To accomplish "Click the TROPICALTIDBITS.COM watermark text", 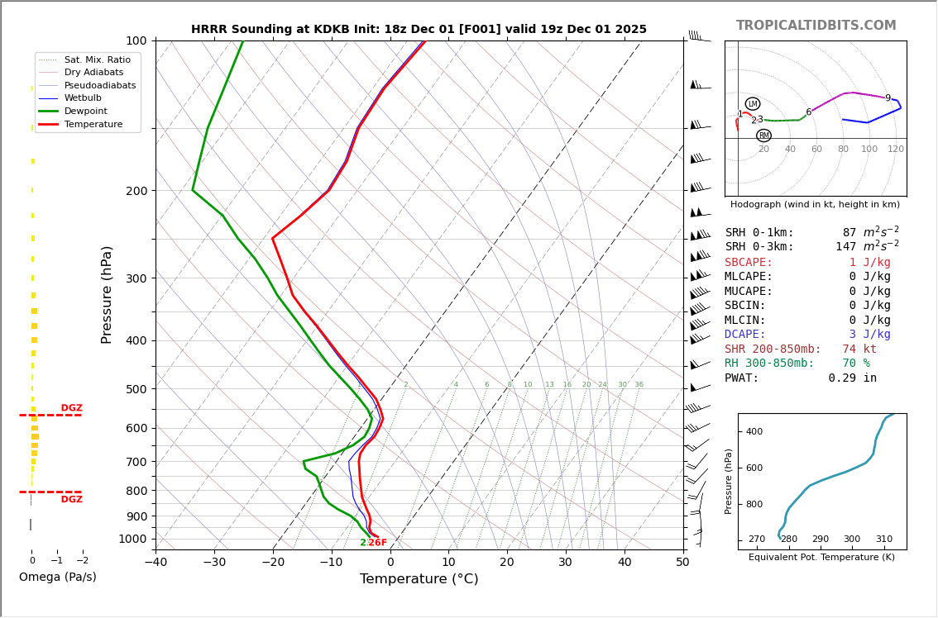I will [x=816, y=26].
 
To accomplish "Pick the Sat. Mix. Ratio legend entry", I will [x=97, y=60].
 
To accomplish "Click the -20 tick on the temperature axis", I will [x=273, y=563].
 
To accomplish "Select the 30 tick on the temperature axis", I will [x=566, y=563].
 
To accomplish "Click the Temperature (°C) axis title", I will [x=419, y=579].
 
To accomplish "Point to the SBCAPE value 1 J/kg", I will [x=869, y=263].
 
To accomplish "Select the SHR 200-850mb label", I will [x=773, y=349].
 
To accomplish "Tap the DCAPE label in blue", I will [x=749, y=335].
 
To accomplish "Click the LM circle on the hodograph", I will [x=753, y=104].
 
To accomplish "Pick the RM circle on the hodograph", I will [x=763, y=135].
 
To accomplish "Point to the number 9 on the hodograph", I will [x=888, y=98].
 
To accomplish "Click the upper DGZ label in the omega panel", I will [x=71, y=408].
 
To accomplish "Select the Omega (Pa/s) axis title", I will [x=57, y=578].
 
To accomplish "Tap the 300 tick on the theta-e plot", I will [x=852, y=540].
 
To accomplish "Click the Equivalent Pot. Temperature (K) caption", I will [x=821, y=558].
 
